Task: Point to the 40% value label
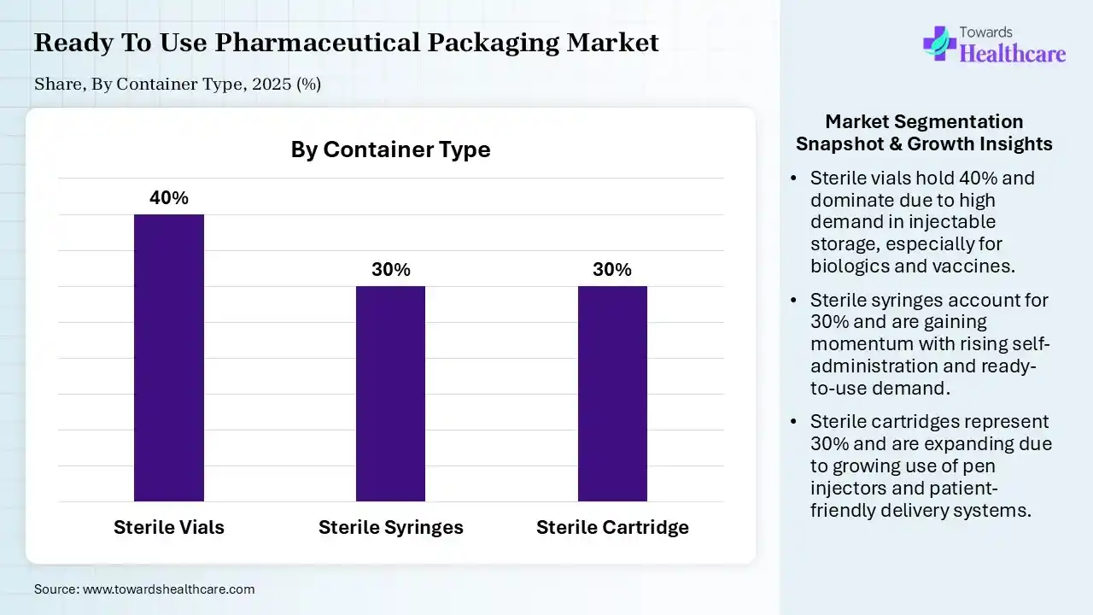169,198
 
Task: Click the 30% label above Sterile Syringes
390,270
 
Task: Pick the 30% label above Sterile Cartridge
612,270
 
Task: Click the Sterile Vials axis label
169,527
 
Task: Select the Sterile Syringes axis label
390,527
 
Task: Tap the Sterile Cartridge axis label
612,527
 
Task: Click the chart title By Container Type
390,149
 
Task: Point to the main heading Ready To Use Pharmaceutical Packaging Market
346,43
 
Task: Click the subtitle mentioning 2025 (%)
178,84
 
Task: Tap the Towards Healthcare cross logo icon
938,43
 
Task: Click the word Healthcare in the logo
1013,54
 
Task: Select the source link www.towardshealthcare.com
168,589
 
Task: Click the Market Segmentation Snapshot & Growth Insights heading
924,132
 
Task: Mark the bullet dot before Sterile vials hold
794,179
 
